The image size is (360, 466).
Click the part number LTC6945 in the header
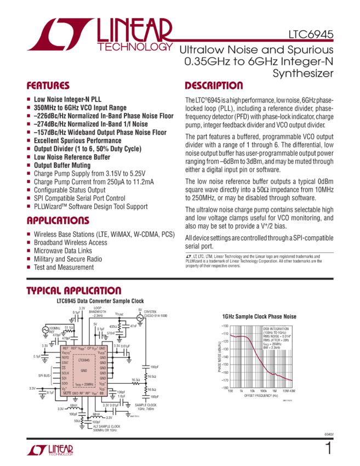coord(311,35)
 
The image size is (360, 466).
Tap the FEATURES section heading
coord(48,86)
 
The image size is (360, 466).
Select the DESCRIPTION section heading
coord(214,86)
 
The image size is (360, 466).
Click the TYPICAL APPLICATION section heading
coord(74,291)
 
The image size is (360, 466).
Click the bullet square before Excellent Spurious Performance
coord(28,140)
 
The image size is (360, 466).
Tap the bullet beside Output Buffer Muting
coord(28,164)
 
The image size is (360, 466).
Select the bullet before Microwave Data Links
coord(28,251)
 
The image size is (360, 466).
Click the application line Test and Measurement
coord(64,267)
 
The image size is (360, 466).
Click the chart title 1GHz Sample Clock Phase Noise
coord(259,316)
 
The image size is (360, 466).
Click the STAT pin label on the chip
coord(66,363)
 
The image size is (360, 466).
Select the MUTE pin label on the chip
coord(66,394)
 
